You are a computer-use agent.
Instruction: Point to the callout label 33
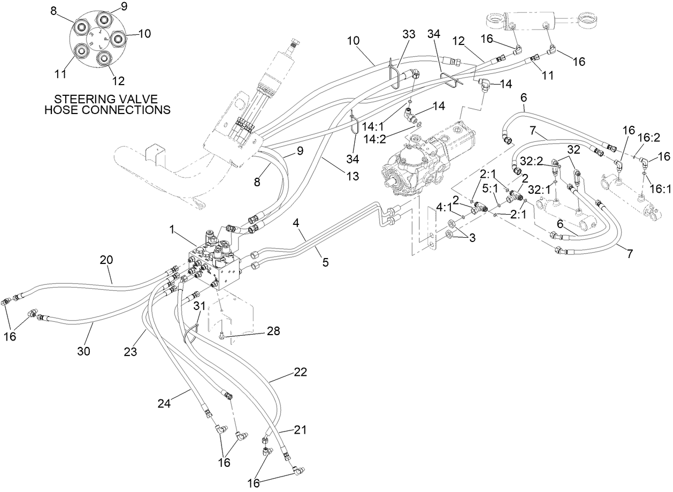tap(409, 34)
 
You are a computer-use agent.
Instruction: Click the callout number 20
tap(106, 260)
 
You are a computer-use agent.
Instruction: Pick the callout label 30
tap(84, 351)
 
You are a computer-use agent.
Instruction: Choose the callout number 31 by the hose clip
tap(199, 305)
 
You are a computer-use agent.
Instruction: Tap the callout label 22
tap(300, 373)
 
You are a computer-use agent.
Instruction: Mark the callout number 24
tap(164, 403)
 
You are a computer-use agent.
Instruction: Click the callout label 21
tap(300, 430)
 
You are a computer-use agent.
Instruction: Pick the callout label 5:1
tap(490, 188)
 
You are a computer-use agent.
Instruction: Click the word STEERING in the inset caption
tap(81, 100)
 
